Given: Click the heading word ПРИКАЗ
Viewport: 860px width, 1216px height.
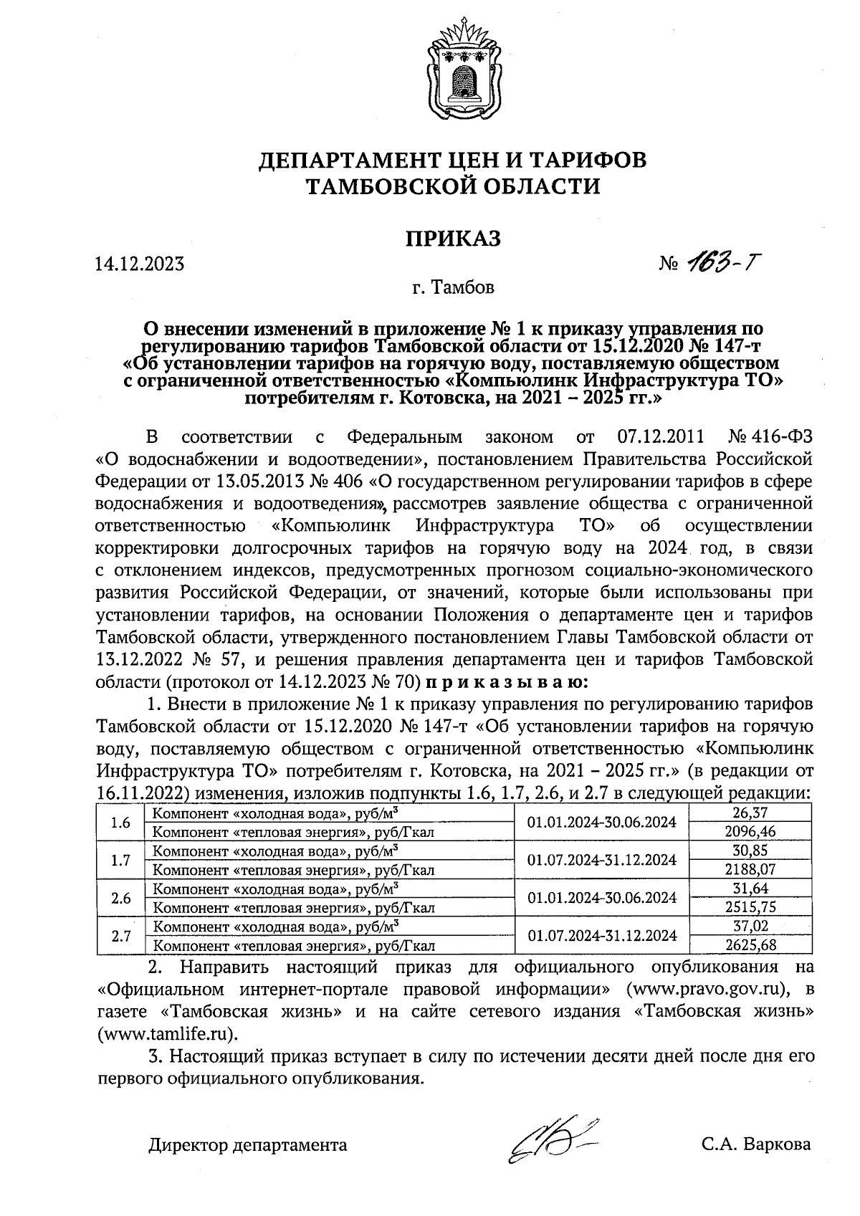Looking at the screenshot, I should (x=453, y=239).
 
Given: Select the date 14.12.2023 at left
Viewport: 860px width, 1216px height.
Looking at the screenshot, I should (x=139, y=264).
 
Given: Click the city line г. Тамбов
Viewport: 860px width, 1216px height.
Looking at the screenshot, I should (x=453, y=289).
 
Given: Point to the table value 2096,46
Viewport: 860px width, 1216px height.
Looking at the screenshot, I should (x=750, y=832).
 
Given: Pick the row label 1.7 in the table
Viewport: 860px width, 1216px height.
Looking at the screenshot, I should (x=120, y=860).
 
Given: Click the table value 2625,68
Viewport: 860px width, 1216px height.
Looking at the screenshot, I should (x=750, y=944).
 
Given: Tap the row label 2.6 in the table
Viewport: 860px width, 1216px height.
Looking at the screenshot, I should (x=120, y=898).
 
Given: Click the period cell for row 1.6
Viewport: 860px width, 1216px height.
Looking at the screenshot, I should (x=601, y=823).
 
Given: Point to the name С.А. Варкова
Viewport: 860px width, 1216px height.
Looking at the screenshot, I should (x=756, y=1144).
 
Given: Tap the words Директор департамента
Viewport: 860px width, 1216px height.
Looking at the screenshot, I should (x=248, y=1145).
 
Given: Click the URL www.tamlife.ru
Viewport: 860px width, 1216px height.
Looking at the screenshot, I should (x=166, y=1034).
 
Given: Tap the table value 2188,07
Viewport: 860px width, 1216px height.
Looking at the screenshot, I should (x=750, y=870).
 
